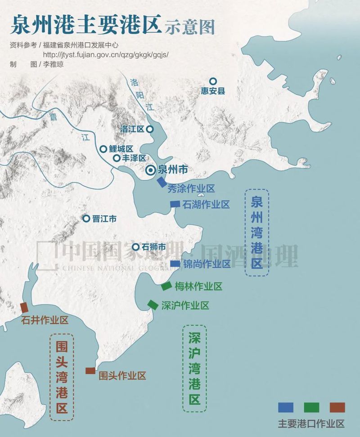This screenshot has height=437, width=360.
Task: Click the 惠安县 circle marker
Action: coord(213,81)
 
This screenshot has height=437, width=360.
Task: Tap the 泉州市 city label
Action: coord(173,169)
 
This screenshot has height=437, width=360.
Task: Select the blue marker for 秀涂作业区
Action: coord(162,182)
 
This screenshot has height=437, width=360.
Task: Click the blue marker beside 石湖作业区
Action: coord(175,204)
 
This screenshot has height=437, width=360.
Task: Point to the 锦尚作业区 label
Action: coord(207,264)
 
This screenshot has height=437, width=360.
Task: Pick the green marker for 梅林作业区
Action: coord(166,286)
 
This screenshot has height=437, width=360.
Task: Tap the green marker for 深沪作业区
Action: coord(153,305)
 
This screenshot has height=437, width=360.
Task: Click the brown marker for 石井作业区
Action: coord(24,308)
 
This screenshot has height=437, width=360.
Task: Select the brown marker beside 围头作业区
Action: coord(90,371)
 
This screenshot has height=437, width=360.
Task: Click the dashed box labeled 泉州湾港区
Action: coord(256,232)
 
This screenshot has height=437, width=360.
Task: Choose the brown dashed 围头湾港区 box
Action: coord(62,376)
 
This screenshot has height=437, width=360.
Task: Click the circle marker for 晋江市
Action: coord(86,218)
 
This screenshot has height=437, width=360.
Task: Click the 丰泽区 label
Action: coord(134,158)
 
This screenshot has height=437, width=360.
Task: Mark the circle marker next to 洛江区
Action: coord(150,129)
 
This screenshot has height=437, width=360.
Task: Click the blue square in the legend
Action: coord(286,407)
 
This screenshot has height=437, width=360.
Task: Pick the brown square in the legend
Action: coord(337,407)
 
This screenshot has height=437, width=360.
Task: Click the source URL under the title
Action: coord(105,54)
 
